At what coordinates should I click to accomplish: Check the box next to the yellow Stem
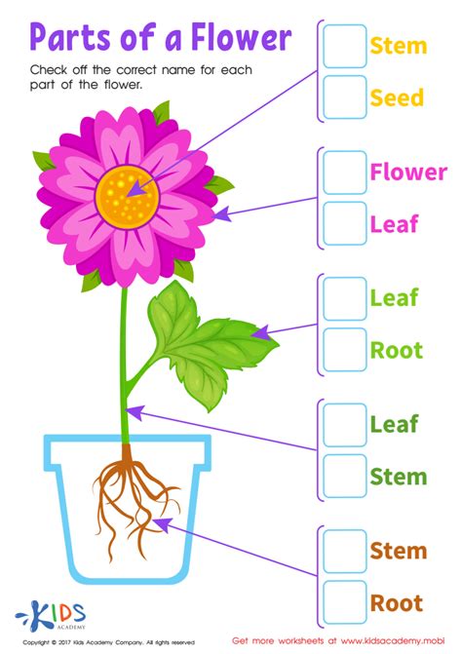point(345,45)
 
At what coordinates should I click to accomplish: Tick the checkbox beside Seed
point(345,97)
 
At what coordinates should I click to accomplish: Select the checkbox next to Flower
point(345,173)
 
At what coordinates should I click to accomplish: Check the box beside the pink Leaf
point(345,224)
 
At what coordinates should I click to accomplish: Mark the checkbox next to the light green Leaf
point(345,298)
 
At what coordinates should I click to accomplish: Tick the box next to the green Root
point(345,350)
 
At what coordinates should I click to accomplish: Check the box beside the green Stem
point(345,477)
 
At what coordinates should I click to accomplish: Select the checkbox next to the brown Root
point(345,602)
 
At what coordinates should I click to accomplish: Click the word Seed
point(397,97)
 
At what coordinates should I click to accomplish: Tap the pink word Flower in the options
point(408,173)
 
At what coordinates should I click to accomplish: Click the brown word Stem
point(398,552)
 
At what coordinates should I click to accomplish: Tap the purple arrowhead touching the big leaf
point(260,333)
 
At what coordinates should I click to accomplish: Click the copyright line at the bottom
point(107,642)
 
